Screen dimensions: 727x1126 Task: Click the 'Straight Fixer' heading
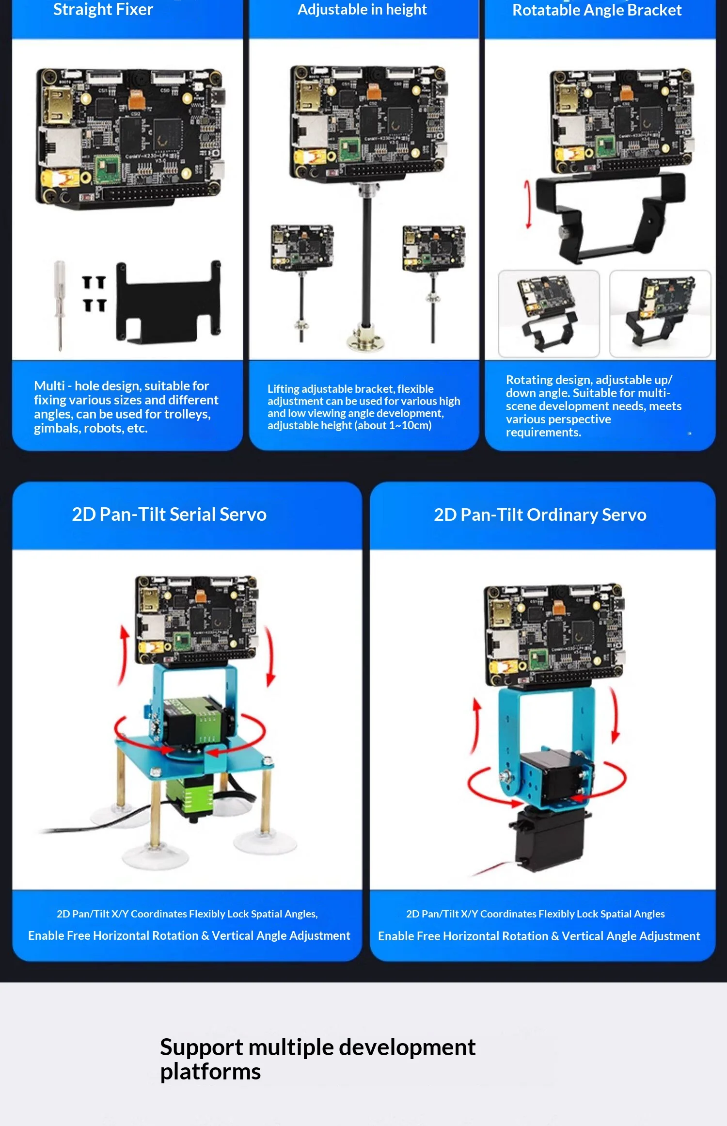[x=103, y=10]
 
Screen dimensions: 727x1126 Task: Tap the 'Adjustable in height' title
[x=362, y=10]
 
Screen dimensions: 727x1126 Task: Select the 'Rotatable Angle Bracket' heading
[x=597, y=10]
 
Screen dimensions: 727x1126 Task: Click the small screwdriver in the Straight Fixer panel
[x=60, y=305]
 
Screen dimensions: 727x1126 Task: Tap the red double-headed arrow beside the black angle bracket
[x=528, y=204]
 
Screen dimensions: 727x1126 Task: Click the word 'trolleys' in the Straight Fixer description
[x=187, y=414]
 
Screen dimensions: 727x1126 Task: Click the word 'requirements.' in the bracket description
[x=543, y=433]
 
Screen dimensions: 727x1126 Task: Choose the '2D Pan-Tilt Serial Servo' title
[x=169, y=515]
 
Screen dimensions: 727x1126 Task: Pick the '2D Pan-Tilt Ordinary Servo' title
[x=540, y=515]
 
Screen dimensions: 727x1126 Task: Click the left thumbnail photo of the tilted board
[x=549, y=314]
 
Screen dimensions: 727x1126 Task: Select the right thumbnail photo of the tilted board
[x=660, y=314]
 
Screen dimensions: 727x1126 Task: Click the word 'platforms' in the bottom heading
[x=210, y=1072]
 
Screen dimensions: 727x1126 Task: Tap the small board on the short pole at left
[x=302, y=246]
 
